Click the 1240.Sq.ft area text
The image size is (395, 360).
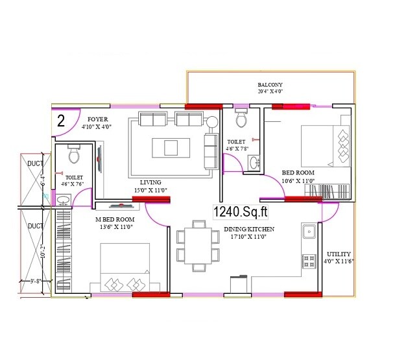point(237,210)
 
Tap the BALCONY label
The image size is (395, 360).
point(270,85)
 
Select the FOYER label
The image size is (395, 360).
point(98,119)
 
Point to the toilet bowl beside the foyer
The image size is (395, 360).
point(73,156)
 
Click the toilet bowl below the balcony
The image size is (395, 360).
point(241,119)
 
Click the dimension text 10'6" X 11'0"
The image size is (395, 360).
point(298,181)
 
